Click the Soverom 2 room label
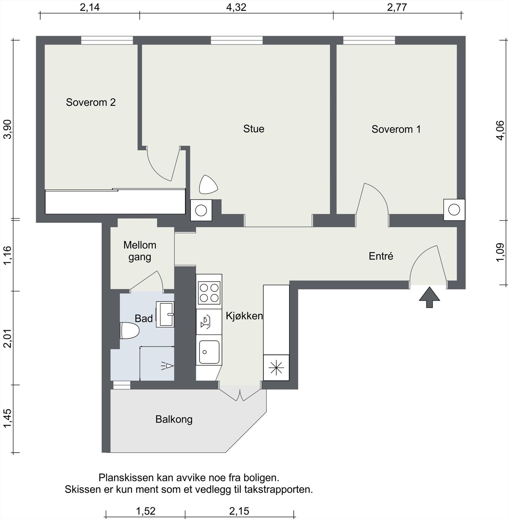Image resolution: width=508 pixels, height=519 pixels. click(x=91, y=102)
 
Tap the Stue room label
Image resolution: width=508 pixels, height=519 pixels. click(x=253, y=129)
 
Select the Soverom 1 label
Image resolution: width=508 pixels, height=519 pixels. click(x=396, y=129)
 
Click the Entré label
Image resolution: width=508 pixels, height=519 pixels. click(x=381, y=256)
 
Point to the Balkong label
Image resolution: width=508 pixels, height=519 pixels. click(x=174, y=419)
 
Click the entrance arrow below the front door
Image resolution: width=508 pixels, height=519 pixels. click(x=429, y=297)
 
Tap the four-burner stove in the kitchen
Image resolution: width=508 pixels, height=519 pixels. click(x=209, y=293)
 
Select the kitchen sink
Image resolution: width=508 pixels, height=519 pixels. click(x=209, y=352)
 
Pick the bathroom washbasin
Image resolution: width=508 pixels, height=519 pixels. click(x=166, y=314)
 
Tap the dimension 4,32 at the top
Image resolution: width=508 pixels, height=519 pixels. click(x=236, y=7)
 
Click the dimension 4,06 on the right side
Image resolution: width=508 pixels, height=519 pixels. click(x=500, y=130)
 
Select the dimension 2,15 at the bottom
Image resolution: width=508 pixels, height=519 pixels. click(x=239, y=511)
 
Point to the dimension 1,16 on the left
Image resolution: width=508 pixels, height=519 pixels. click(x=7, y=255)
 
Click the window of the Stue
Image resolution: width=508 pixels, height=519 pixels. click(x=236, y=41)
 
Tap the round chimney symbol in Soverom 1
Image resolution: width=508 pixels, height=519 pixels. click(x=454, y=210)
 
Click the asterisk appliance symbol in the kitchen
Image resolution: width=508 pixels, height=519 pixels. click(x=276, y=368)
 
